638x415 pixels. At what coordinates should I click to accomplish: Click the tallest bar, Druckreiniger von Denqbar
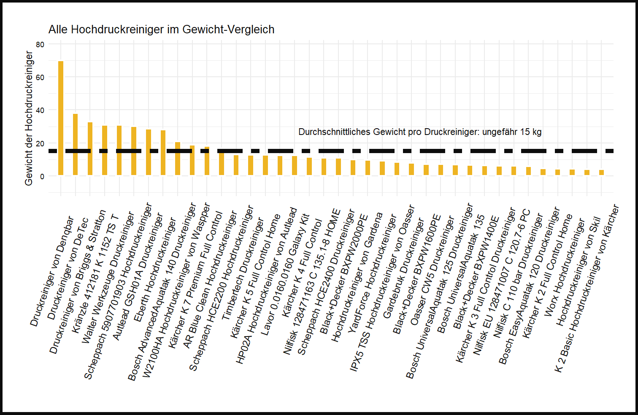[x=61, y=118]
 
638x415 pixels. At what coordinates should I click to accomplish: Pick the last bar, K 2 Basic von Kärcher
[x=601, y=172]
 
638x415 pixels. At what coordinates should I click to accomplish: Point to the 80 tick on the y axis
[x=40, y=44]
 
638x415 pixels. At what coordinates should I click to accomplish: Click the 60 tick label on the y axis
[x=40, y=77]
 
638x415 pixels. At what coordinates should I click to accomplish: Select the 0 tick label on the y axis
[x=42, y=176]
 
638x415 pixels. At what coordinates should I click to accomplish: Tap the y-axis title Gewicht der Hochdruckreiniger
[x=29, y=118]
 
